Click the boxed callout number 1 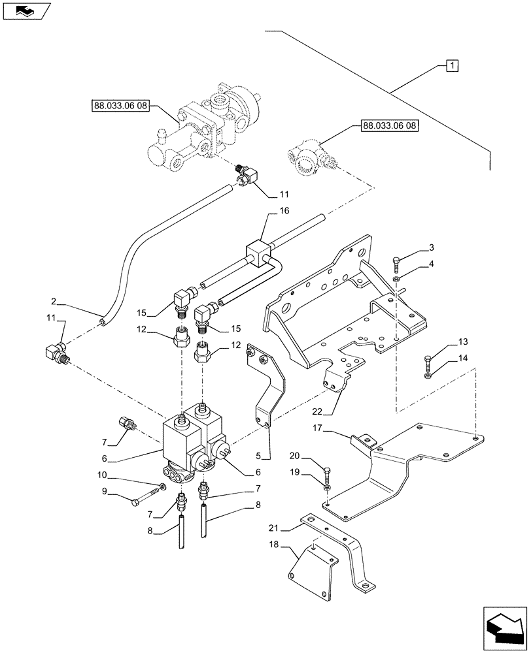click(453, 65)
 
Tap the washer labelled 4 click(398, 280)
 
